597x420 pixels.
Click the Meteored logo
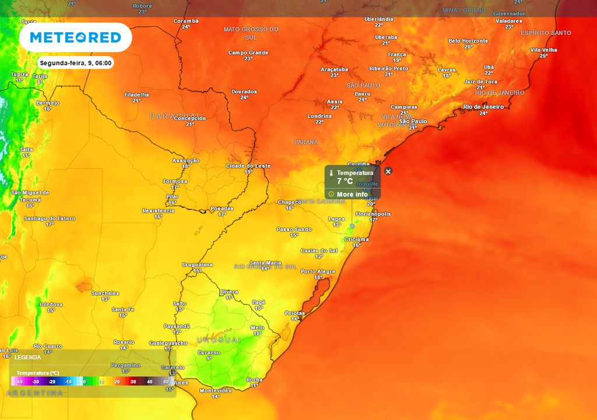[75, 37]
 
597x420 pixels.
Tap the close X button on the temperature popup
[388, 171]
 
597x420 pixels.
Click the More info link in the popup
[352, 194]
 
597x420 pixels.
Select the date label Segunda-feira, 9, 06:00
[76, 63]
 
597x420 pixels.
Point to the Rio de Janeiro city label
[483, 107]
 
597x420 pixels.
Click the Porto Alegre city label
[318, 271]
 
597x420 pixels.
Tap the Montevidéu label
[216, 390]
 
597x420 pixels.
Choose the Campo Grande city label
[248, 52]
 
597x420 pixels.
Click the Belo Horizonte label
[468, 41]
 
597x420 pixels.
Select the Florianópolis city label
[373, 214]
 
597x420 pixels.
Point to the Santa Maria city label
[266, 262]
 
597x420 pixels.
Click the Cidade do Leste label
[248, 166]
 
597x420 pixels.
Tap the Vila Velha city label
[543, 50]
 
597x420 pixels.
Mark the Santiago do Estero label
[50, 218]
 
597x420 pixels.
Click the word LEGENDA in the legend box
[28, 356]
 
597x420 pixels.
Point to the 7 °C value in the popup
[345, 181]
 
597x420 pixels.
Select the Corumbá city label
[185, 21]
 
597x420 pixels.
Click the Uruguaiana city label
[198, 264]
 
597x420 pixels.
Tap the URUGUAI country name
[219, 339]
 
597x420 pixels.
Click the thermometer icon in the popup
[331, 173]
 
